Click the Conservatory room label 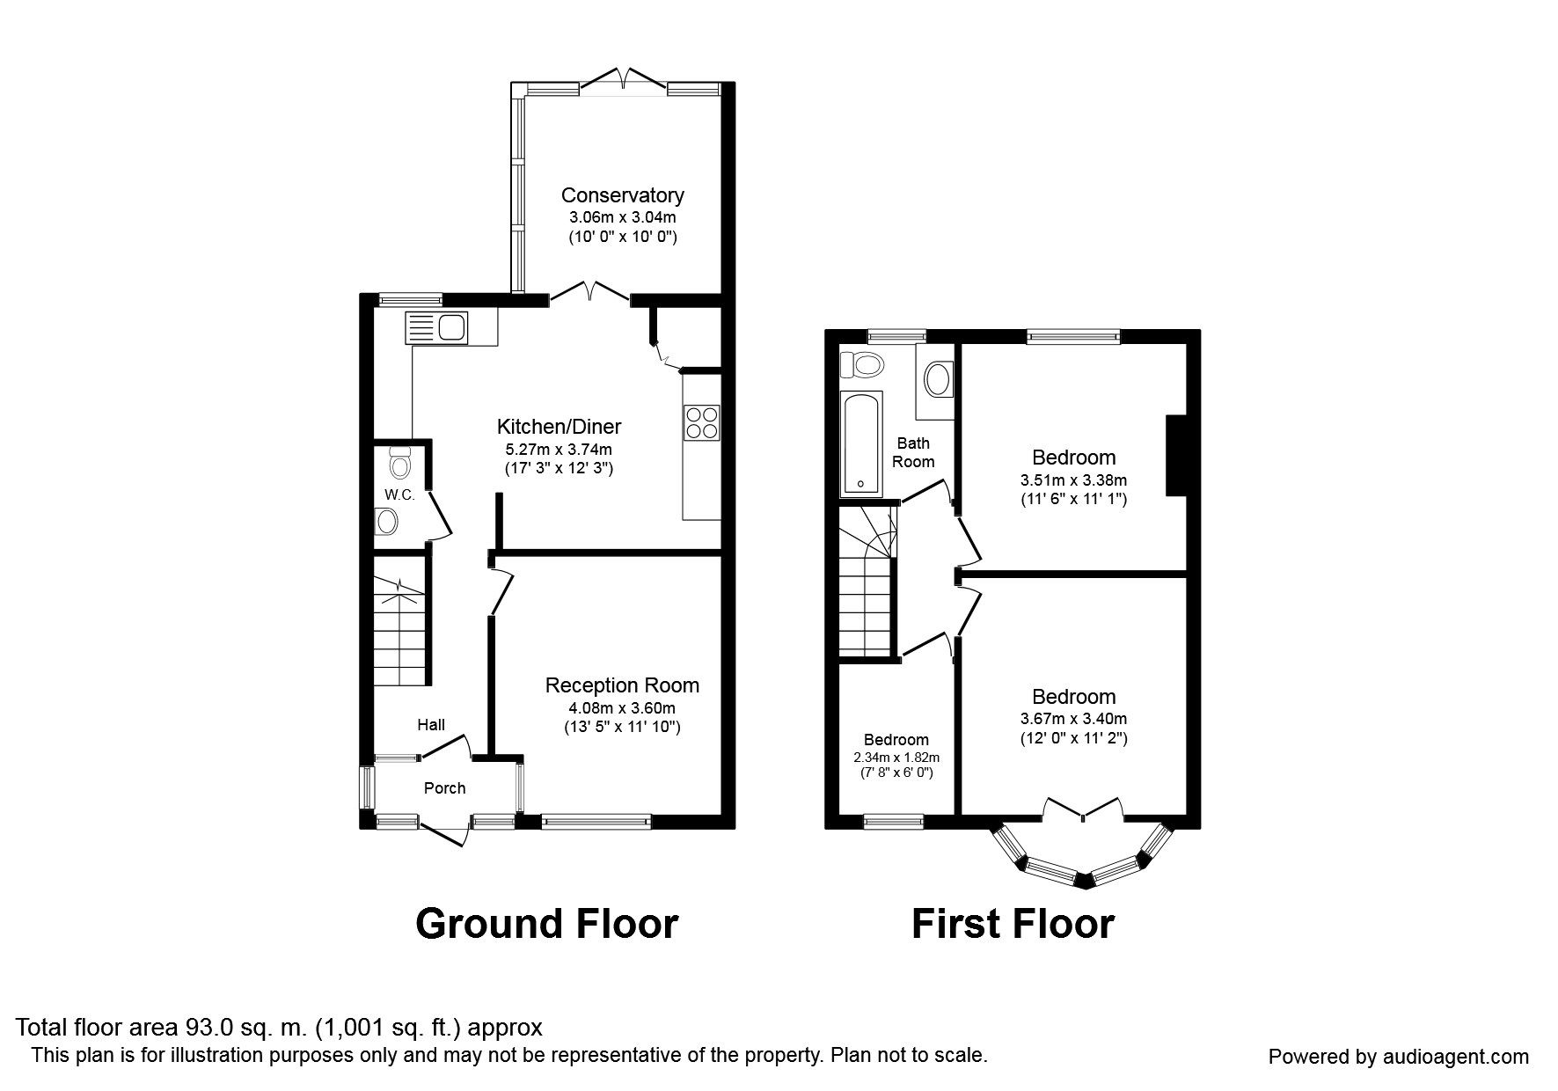[x=622, y=195]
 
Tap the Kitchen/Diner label [x=559, y=427]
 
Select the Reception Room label [x=622, y=685]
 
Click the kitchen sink [x=437, y=328]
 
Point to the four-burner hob [x=702, y=421]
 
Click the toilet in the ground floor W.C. [x=399, y=460]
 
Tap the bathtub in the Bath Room [x=861, y=443]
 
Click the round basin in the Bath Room [x=936, y=381]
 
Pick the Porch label [x=444, y=788]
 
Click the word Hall [x=431, y=725]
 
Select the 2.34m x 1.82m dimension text [x=896, y=758]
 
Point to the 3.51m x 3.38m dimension [x=1073, y=480]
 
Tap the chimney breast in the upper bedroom [x=1176, y=456]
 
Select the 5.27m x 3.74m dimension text [x=559, y=449]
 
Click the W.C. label [x=399, y=495]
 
